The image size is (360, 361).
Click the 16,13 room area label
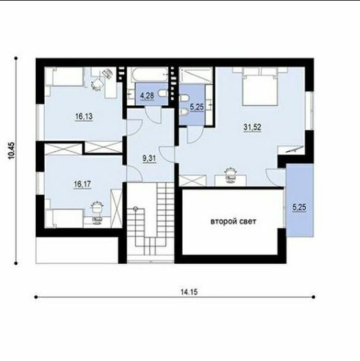84,117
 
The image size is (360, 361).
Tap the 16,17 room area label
82,184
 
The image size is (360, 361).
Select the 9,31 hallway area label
149,158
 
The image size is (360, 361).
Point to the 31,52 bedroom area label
253,127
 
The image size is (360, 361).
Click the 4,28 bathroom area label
147,95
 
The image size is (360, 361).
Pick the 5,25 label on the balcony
299,207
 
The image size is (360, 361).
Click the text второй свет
233,222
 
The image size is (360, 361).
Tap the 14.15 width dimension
189,292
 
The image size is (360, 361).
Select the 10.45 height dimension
12,151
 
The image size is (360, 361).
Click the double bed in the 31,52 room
260,87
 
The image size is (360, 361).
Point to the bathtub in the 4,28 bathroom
149,75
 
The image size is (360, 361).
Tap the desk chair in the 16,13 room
97,84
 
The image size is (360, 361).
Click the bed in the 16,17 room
64,218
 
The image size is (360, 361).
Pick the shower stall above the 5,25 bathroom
196,75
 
